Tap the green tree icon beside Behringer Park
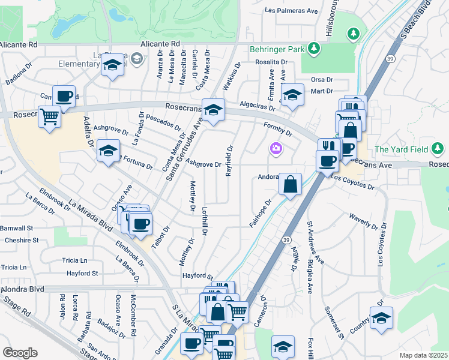(314, 47)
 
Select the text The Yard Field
(400, 149)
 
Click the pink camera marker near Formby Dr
(276, 148)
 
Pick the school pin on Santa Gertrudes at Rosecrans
(212, 110)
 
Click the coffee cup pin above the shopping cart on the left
(64, 96)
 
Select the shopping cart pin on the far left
(49, 116)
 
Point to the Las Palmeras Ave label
(291, 11)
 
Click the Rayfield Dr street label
(229, 160)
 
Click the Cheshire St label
(22, 240)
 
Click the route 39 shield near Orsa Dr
(373, 59)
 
